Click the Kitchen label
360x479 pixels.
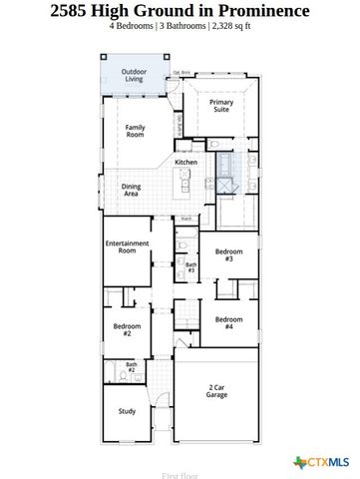point(186,162)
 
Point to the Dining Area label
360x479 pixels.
point(131,190)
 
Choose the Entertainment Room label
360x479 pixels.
point(127,247)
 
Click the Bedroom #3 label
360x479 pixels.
point(228,255)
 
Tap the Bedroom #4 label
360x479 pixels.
point(228,323)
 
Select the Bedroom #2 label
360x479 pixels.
point(127,330)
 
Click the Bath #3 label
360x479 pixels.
point(190,267)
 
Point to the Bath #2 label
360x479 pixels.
point(132,367)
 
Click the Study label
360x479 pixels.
point(126,410)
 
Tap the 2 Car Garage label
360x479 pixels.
point(217,391)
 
